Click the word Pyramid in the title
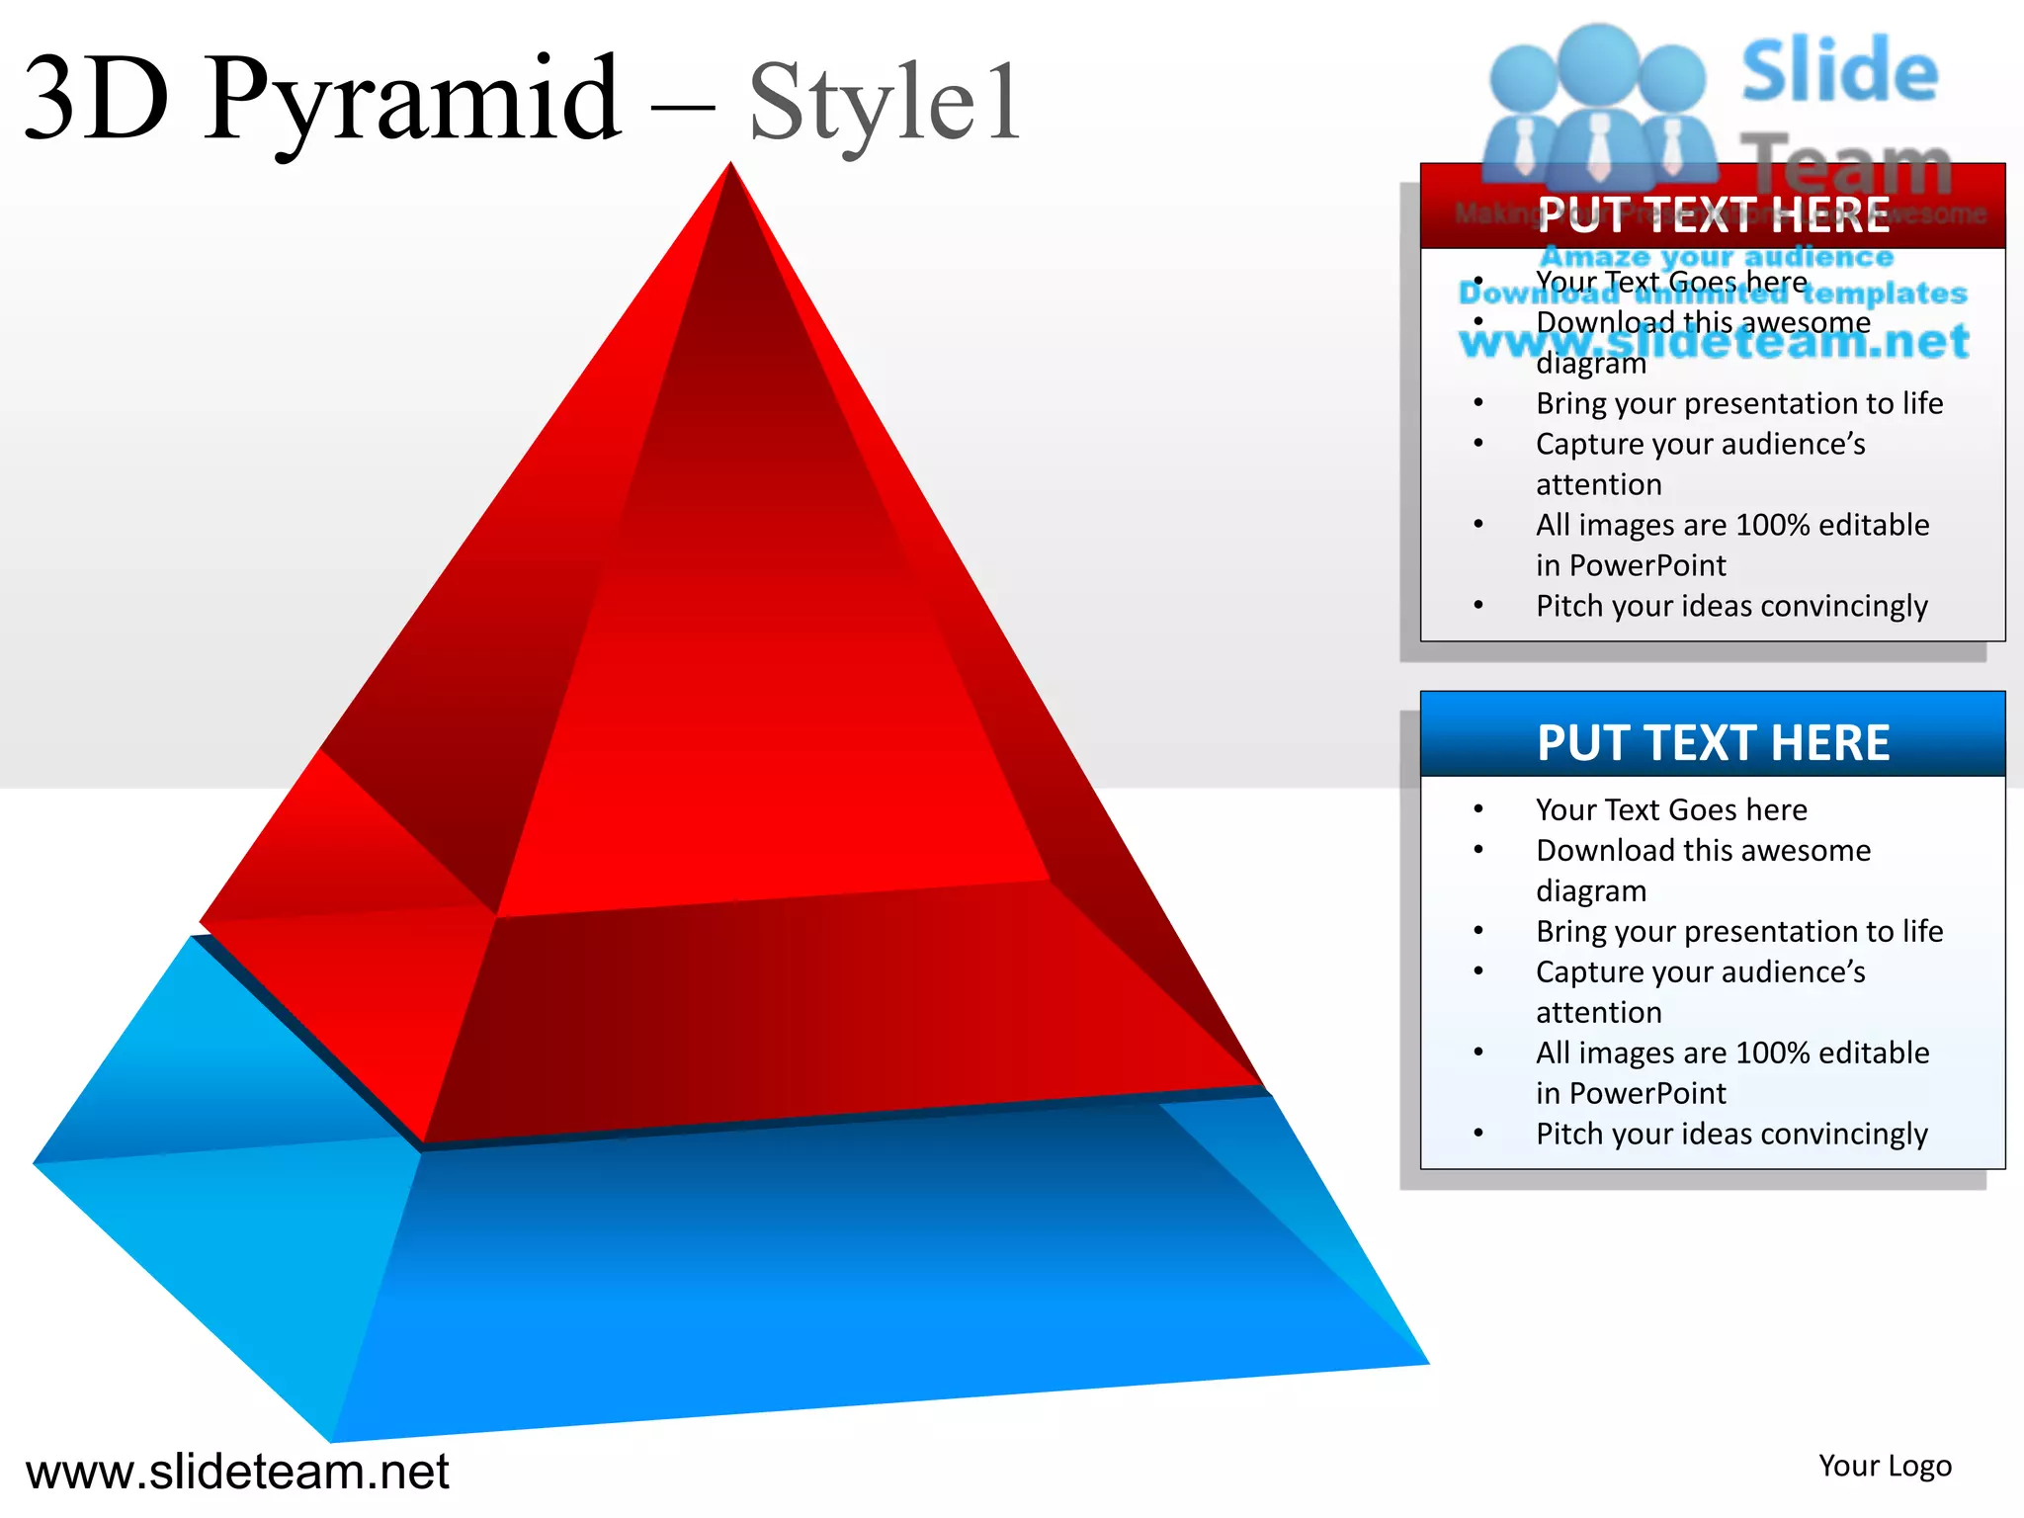click(413, 99)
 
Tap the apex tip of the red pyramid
click(731, 166)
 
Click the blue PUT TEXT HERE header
click(1713, 742)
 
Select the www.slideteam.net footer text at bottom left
click(237, 1471)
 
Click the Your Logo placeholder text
click(1885, 1466)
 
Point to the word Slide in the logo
click(1839, 71)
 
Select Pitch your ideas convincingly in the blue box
click(1731, 1134)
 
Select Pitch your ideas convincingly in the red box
click(1731, 606)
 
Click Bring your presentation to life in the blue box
click(1739, 931)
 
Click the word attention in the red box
click(1598, 484)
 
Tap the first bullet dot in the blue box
click(1478, 809)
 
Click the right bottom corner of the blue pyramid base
click(1426, 1363)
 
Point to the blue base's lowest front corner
click(332, 1440)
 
